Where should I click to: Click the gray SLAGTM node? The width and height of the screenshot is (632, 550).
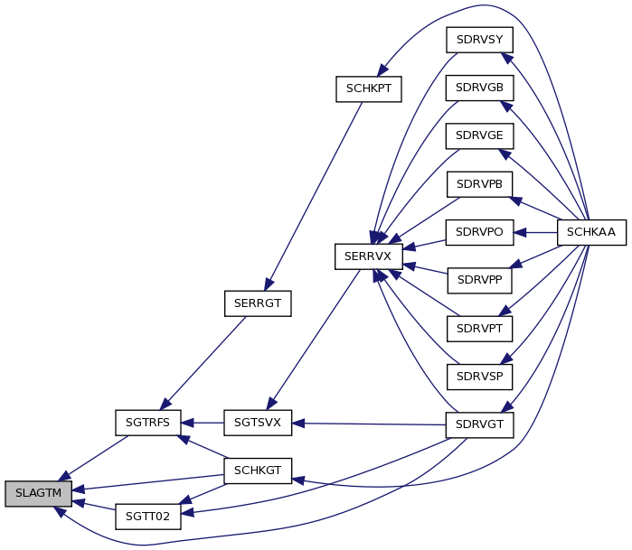coord(38,493)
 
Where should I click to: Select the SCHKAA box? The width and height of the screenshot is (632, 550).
coord(591,232)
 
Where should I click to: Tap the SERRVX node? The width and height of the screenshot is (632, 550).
coord(368,256)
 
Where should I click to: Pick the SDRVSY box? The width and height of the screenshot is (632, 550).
coord(479,40)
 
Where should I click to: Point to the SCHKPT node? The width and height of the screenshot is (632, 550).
coord(368,89)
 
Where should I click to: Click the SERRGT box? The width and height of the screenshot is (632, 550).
coord(258,303)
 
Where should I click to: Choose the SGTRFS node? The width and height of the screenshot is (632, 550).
coord(148,423)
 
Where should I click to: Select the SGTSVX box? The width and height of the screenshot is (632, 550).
coord(258,423)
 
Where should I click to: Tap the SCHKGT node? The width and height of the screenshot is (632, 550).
coord(258,471)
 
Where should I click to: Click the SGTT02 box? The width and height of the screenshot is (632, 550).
coord(148,517)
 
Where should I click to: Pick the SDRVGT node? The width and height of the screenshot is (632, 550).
coord(479,424)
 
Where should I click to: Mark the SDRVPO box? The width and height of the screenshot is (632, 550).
coord(479,232)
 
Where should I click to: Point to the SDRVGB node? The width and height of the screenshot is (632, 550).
coord(479,88)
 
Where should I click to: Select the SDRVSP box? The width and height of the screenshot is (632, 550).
coord(479,377)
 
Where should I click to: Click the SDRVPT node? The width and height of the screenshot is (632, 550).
coord(479,329)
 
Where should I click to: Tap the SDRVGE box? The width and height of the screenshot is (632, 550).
coord(479,135)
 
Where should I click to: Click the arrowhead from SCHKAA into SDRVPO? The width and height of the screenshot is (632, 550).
coord(520,232)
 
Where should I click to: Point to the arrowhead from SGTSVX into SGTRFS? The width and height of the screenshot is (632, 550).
coord(187,423)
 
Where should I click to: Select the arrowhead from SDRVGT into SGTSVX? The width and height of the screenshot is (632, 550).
coord(298,424)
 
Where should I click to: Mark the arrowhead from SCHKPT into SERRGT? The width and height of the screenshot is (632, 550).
coord(269,284)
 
